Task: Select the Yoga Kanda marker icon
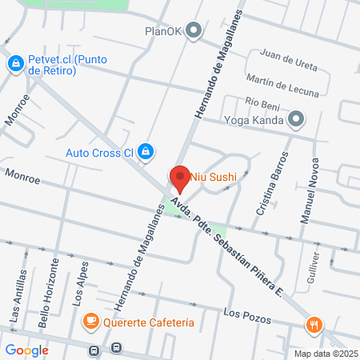(x=297, y=120)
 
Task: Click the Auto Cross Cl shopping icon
(x=145, y=150)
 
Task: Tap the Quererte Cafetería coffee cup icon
(x=92, y=322)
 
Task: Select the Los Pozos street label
(x=244, y=313)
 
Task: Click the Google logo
(x=27, y=350)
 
